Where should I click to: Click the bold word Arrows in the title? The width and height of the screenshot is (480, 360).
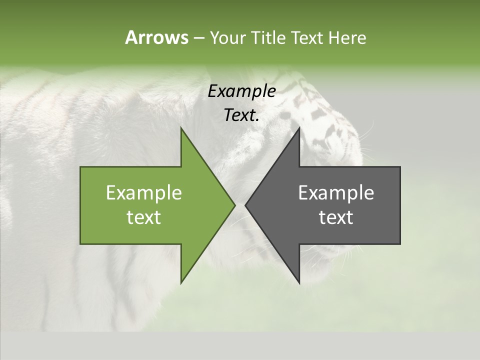[156, 37]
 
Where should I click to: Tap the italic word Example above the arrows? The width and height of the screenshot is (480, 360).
[241, 91]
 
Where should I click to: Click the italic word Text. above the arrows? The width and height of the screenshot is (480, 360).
[240, 115]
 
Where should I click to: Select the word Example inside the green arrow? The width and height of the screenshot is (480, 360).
[144, 193]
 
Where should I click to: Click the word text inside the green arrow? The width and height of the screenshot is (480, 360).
[144, 217]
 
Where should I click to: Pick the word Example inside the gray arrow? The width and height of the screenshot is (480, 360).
[336, 193]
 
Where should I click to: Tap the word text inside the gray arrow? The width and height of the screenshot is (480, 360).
[336, 217]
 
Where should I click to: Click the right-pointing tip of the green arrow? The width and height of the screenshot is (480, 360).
[234, 205]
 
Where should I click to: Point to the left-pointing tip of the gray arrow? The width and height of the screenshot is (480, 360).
[245, 205]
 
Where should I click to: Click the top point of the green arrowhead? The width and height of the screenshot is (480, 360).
[181, 128]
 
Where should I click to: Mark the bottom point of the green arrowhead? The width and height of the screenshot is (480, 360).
[181, 282]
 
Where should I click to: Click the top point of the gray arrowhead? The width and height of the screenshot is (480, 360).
[299, 128]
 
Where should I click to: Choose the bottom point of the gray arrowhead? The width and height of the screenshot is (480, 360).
[299, 282]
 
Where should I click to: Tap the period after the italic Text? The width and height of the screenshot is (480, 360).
[258, 120]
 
